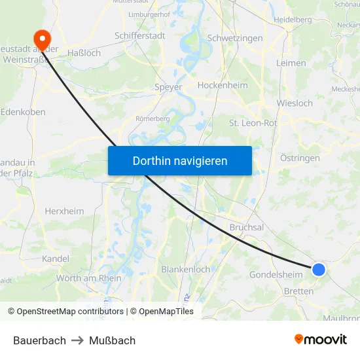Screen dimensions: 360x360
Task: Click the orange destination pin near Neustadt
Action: tap(43, 39)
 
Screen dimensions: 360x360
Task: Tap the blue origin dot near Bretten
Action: tap(319, 269)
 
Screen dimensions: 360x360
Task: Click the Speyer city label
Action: tap(168, 86)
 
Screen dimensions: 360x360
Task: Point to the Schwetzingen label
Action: tap(234, 38)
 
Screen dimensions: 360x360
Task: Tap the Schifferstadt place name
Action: tap(139, 35)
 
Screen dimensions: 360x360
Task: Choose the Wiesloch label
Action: tap(295, 103)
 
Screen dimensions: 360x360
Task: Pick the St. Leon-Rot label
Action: tap(253, 122)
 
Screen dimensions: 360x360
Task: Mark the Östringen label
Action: tap(300, 158)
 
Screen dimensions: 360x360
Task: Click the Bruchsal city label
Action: tap(246, 227)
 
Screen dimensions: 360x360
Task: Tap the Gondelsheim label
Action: tap(276, 274)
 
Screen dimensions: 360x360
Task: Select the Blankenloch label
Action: tap(185, 269)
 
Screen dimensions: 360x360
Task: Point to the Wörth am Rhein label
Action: tap(89, 278)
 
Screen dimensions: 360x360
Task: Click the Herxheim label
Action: tap(64, 211)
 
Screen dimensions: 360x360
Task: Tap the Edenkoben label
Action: tap(23, 112)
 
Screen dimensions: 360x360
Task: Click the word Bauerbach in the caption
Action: tap(39, 340)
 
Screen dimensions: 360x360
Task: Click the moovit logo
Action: tap(320, 339)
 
